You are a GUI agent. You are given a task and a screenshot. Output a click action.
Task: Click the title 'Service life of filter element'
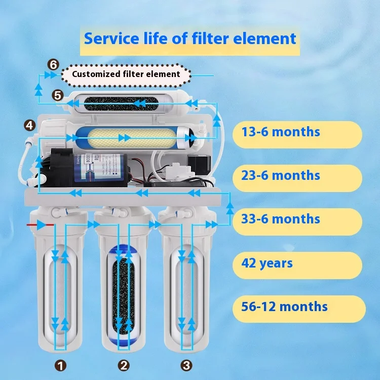pyautogui.click(x=190, y=39)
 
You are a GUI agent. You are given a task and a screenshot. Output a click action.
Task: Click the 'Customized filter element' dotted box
pyautogui.click(x=126, y=74)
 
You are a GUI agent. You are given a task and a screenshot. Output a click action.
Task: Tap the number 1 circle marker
pyautogui.click(x=61, y=365)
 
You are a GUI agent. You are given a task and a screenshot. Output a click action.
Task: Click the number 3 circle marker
pyautogui.click(x=186, y=365)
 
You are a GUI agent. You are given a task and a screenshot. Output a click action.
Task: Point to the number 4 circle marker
pyautogui.click(x=30, y=125)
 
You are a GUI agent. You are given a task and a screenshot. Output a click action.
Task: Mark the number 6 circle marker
pyautogui.click(x=53, y=65)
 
